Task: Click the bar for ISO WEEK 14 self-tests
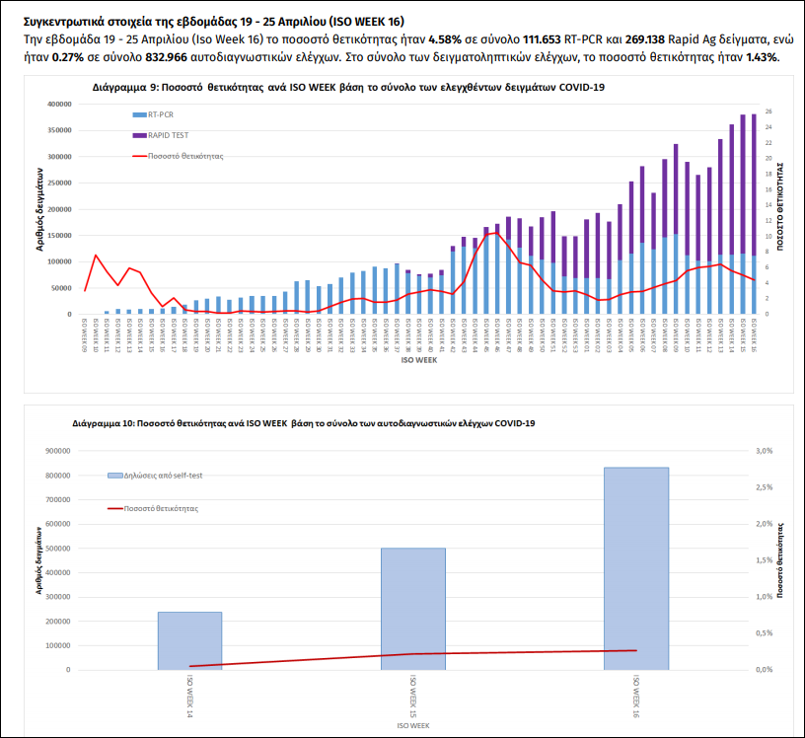tap(189, 640)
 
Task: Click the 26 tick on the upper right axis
tap(768, 111)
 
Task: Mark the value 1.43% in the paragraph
tap(762, 57)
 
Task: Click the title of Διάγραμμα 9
tap(348, 87)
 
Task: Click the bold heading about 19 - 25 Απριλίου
tap(213, 21)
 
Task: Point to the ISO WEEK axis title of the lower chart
tap(412, 725)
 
